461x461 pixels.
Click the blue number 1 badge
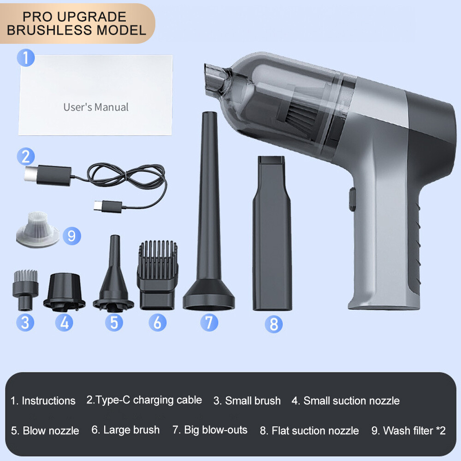26,58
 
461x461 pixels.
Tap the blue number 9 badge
71,236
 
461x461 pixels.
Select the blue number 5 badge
114,322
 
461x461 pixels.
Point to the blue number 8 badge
273,324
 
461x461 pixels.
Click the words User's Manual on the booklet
96,107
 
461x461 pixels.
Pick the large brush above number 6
157,274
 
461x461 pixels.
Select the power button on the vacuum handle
352,198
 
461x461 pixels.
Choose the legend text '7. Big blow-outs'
210,430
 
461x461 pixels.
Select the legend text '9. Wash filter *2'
408,431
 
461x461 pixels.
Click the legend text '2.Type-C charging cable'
144,400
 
